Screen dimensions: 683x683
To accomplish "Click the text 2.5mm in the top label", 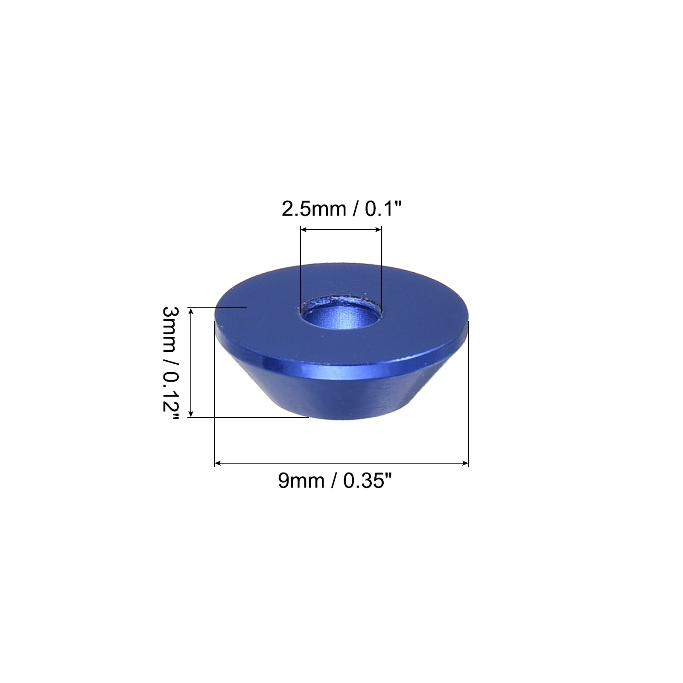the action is (314, 209).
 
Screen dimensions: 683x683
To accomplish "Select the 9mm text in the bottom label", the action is (301, 481).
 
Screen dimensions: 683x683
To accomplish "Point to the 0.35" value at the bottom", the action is (368, 481).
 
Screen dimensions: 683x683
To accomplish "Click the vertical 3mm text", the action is (169, 329).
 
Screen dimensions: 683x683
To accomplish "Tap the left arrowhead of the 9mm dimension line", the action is (218, 463).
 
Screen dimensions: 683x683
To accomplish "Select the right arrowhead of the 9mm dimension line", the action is (465, 463).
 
